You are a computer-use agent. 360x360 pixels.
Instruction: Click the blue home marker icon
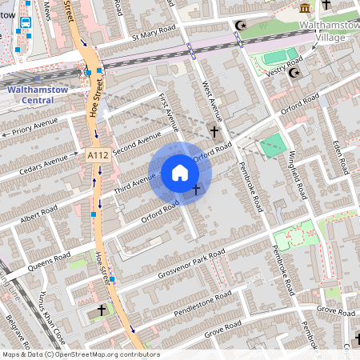[x=180, y=173]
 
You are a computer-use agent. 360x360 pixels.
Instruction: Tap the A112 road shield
[x=97, y=155]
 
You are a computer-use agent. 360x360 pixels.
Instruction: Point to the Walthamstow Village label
[x=318, y=31]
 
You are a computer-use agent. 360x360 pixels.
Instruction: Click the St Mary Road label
[x=153, y=35]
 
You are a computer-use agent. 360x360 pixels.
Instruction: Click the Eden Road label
[x=341, y=155]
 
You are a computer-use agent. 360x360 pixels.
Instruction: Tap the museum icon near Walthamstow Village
[x=305, y=7]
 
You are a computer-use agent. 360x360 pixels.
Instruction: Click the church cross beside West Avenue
[x=214, y=130]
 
